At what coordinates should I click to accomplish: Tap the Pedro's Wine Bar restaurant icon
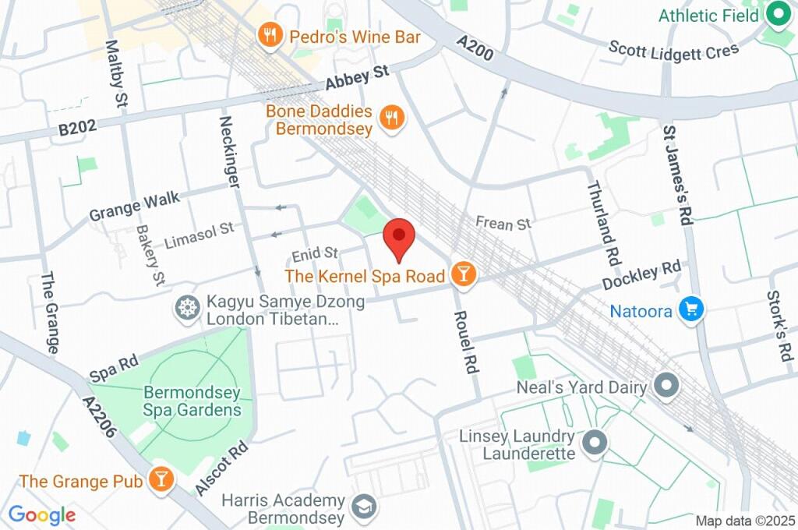[270, 35]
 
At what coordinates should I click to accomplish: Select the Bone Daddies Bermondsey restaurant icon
[392, 118]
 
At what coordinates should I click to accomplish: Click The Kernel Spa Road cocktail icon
[463, 274]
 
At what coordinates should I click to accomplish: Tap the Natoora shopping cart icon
[690, 309]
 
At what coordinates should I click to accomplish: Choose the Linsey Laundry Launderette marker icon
[595, 443]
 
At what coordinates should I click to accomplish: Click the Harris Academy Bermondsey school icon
[363, 507]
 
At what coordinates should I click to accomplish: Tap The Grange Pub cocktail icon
[161, 479]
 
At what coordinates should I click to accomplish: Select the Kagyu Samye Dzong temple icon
[187, 307]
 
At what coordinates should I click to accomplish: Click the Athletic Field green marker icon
[776, 13]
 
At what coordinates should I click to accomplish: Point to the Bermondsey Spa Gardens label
[192, 401]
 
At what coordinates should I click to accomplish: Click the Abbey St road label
[357, 79]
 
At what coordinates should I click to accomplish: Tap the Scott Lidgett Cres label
[673, 50]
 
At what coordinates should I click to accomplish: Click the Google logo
[41, 515]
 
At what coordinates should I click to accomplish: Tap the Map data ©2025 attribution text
[744, 521]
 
